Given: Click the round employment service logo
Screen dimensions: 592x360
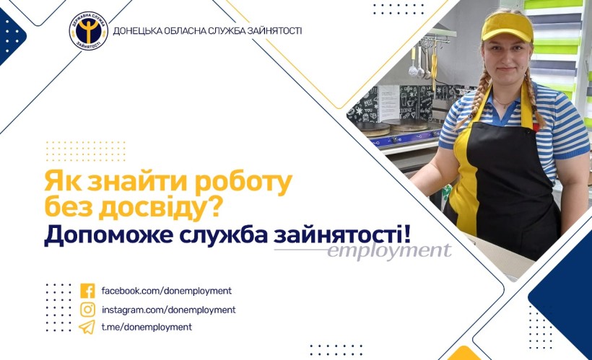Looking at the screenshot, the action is click(x=89, y=31).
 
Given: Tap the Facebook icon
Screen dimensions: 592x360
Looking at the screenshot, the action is click(x=87, y=291).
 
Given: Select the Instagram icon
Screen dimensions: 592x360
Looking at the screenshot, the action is click(x=87, y=309).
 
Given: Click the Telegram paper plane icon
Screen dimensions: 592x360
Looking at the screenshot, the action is click(x=87, y=327).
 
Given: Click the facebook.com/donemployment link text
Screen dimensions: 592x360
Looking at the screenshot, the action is click(x=167, y=291).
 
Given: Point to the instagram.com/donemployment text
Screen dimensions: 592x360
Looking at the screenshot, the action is click(x=169, y=309).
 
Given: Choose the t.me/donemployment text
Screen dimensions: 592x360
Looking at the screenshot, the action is click(x=147, y=327).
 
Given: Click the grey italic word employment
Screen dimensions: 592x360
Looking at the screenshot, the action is click(x=389, y=250).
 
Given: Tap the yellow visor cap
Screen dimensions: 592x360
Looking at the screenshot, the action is click(x=507, y=27).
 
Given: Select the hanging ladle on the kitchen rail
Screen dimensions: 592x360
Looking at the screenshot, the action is click(x=413, y=62).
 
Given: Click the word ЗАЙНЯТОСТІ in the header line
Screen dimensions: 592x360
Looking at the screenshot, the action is click(x=274, y=31).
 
